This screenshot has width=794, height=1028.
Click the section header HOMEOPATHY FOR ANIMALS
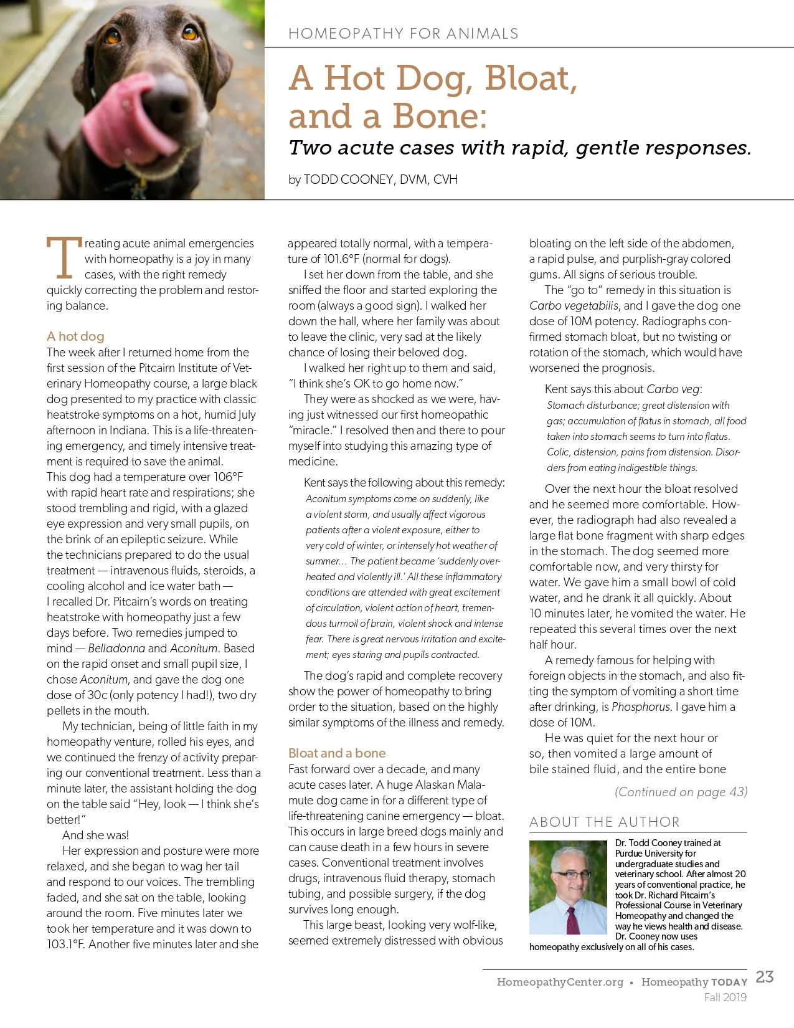click(403, 34)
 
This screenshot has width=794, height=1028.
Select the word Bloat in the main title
click(531, 79)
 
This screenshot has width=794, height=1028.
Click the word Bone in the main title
click(439, 117)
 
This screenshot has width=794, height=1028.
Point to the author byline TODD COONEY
click(348, 180)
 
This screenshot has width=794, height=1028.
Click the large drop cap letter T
click(64, 257)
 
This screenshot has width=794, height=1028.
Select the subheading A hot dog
click(75, 336)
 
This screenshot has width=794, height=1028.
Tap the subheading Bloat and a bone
click(337, 753)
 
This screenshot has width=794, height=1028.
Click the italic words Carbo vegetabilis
click(574, 306)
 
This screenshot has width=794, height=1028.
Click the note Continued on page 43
click(681, 792)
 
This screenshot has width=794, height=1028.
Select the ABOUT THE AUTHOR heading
click(604, 822)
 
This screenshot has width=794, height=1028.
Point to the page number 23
click(764, 977)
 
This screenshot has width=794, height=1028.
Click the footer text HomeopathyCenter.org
click(560, 983)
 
